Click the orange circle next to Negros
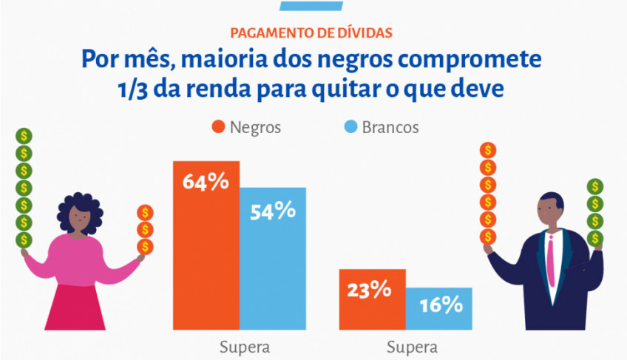[x=217, y=127]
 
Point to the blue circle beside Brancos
[x=350, y=127]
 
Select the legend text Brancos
[x=390, y=127]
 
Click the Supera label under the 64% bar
[x=245, y=347]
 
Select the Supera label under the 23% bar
[x=412, y=347]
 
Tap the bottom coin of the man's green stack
[x=595, y=237]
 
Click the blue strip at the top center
[x=313, y=4]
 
